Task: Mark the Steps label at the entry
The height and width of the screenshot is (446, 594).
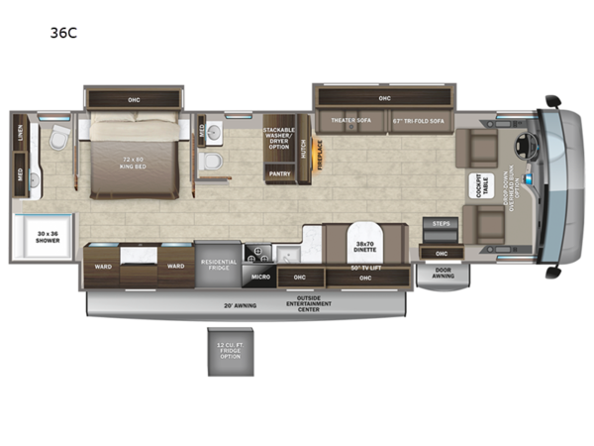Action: coord(441,224)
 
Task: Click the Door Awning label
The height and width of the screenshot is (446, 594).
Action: coord(443,274)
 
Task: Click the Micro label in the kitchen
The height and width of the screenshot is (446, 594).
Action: coord(260,277)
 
